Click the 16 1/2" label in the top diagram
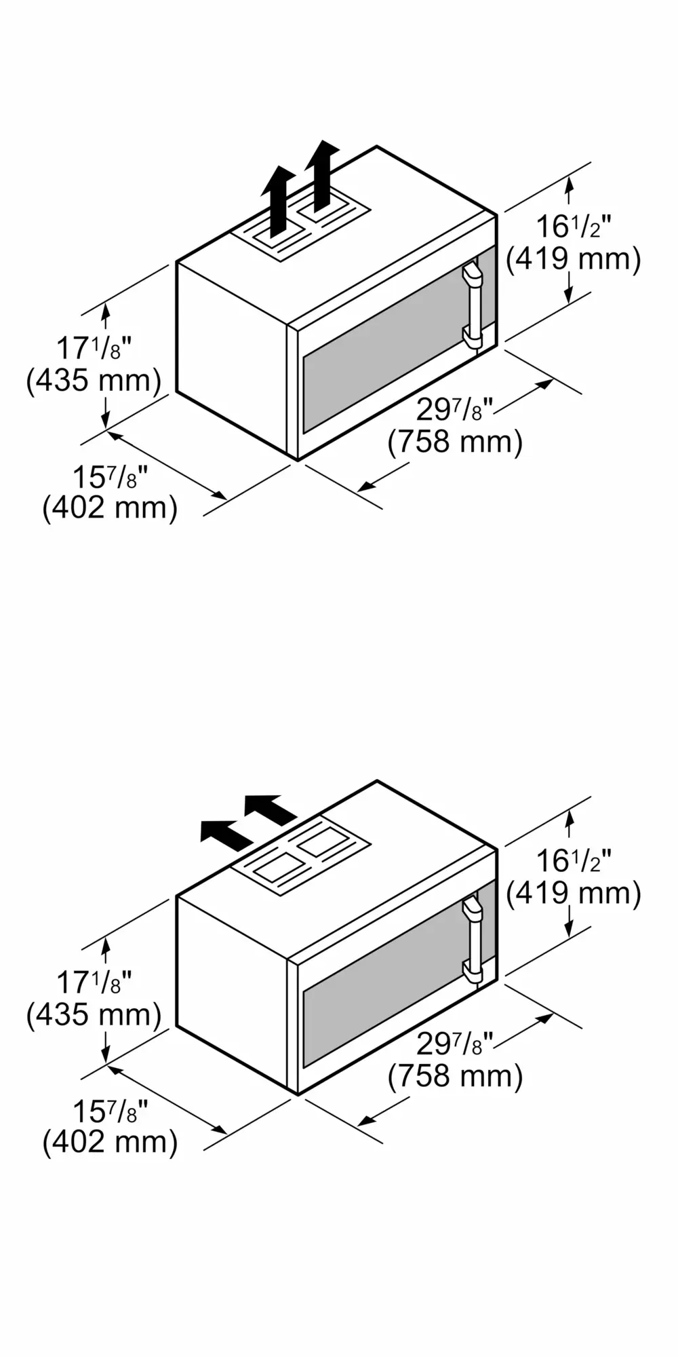(574, 227)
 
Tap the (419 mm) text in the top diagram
(574, 259)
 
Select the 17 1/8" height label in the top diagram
(94, 349)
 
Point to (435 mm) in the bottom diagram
(94, 1015)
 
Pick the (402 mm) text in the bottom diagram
(110, 1142)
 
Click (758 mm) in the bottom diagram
(456, 1076)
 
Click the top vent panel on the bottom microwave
(301, 858)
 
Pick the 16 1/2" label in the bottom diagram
(574, 861)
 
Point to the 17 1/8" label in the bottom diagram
(94, 983)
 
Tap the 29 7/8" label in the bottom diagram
(454, 1044)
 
